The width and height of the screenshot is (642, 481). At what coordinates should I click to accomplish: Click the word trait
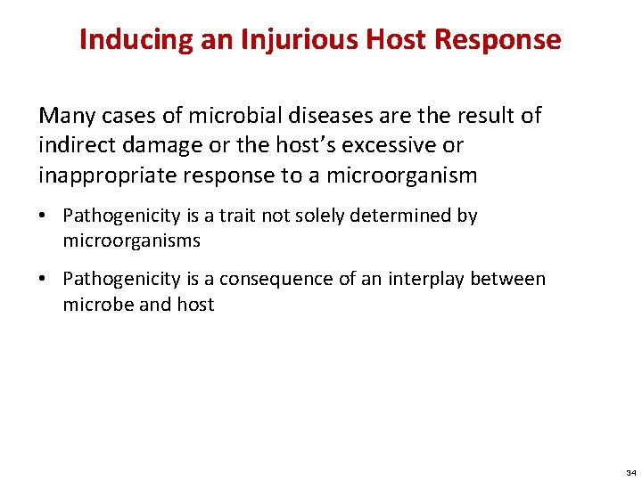pos(238,216)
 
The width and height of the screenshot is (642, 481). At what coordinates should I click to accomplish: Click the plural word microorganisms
pos(131,240)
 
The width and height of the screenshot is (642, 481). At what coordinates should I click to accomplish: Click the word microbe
pos(92,305)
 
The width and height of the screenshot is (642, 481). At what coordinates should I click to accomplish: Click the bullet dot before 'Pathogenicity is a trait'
pos(45,216)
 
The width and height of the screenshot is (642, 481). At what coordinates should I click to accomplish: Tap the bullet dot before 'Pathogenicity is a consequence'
pos(45,280)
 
